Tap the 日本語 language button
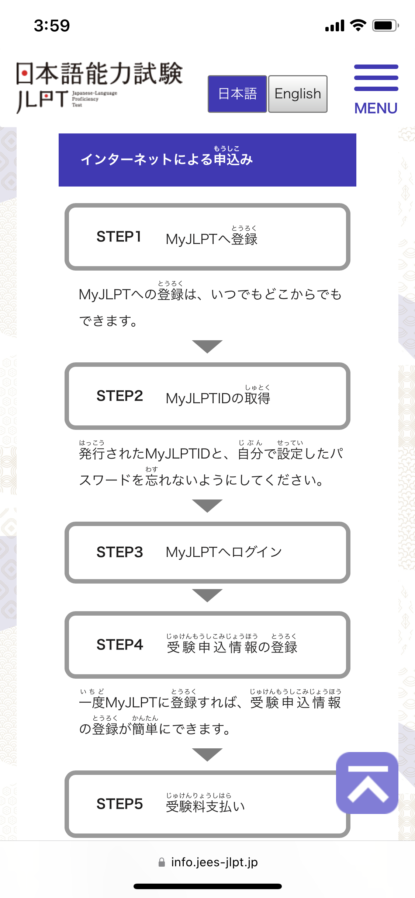[237, 94]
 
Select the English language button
[298, 94]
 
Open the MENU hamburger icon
[376, 78]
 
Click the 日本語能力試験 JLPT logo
[99, 87]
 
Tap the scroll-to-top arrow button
[367, 783]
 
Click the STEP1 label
[119, 237]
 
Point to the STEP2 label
[120, 396]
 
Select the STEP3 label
[120, 552]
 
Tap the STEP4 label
[120, 645]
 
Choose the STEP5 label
[120, 804]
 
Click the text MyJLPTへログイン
[224, 552]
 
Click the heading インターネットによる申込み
[167, 159]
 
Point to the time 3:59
[52, 25]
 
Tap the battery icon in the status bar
[385, 25]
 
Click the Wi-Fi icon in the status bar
[358, 25]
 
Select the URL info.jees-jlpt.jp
[214, 862]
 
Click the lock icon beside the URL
[162, 862]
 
